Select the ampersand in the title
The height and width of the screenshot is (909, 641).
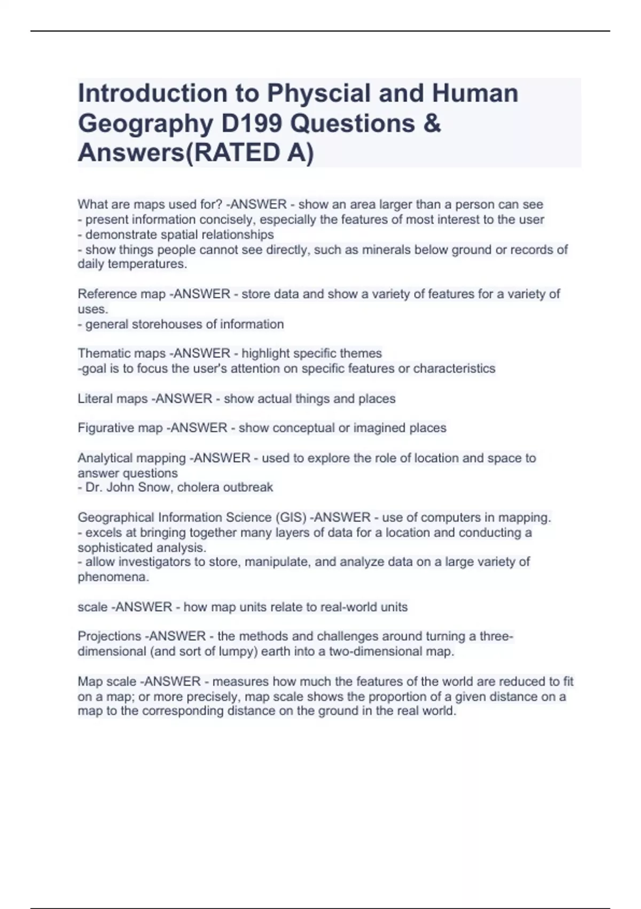click(432, 124)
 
